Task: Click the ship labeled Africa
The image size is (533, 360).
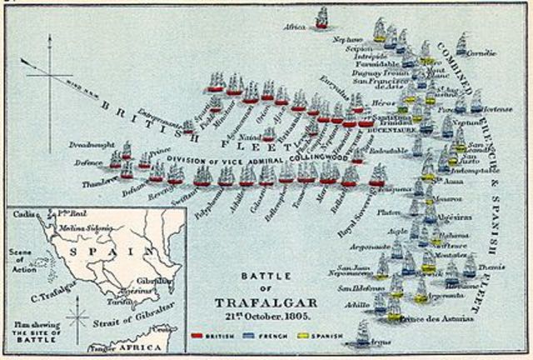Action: (x=321, y=18)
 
